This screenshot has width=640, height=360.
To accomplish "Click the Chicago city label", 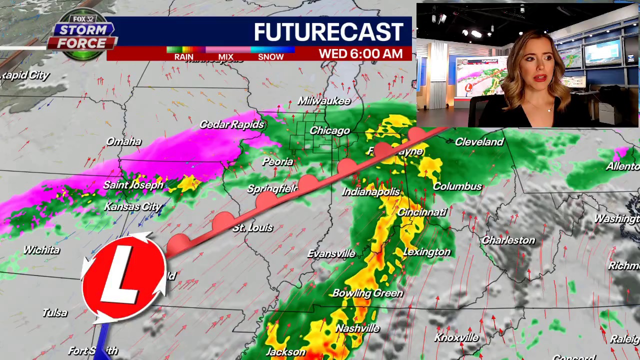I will pyautogui.click(x=329, y=131).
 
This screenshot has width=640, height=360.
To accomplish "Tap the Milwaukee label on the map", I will pyautogui.click(x=324, y=101).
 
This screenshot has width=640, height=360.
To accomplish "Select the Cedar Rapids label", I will pyautogui.click(x=231, y=124).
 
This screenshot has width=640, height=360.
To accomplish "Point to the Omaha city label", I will pyautogui.click(x=123, y=141).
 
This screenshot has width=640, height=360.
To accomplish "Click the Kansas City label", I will pyautogui.click(x=132, y=206).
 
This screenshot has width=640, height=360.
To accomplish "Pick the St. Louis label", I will pyautogui.click(x=252, y=227).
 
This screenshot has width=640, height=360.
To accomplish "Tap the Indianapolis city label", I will pyautogui.click(x=371, y=192).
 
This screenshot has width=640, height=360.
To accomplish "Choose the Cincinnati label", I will pyautogui.click(x=421, y=212).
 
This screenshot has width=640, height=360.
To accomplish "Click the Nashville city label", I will pyautogui.click(x=357, y=328).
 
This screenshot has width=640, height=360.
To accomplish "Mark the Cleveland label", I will pyautogui.click(x=479, y=142).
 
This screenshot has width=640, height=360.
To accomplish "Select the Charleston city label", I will pyautogui.click(x=508, y=240).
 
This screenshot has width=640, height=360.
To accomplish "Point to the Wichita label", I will pyautogui.click(x=41, y=250).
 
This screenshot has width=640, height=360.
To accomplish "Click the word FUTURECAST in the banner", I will pyautogui.click(x=328, y=32).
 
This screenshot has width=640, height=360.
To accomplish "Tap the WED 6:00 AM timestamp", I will pyautogui.click(x=360, y=53).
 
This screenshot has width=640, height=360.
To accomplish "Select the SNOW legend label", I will pyautogui.click(x=270, y=57).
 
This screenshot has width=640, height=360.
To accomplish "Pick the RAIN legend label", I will pyautogui.click(x=183, y=57).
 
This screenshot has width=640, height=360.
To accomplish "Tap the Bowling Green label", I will pyautogui.click(x=367, y=293).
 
